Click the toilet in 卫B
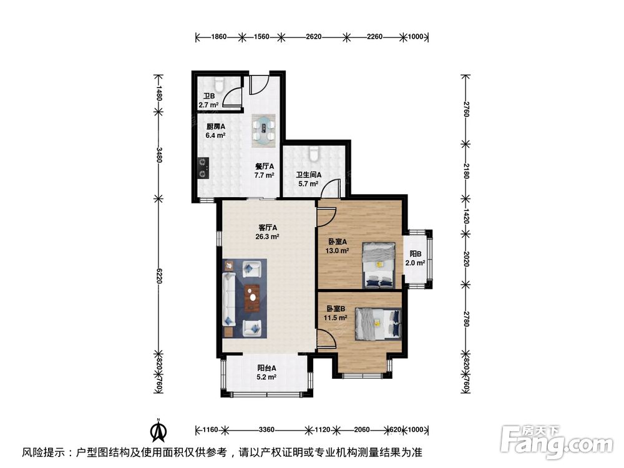click(218, 83)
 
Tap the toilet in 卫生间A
click(314, 152)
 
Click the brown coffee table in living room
click(252, 298)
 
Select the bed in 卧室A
click(378, 264)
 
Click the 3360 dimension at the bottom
click(266, 430)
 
